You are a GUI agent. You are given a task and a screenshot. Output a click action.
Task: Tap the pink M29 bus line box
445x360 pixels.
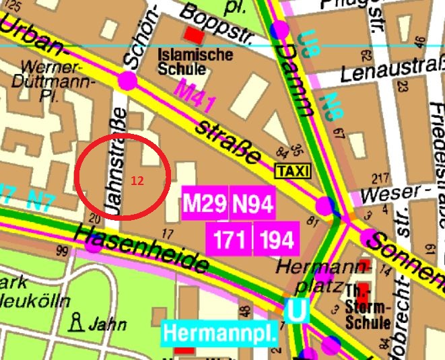tap(205, 204)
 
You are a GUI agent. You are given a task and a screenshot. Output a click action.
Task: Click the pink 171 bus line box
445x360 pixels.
tap(229, 240)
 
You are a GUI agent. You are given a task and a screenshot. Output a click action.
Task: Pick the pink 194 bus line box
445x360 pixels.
tap(276, 240)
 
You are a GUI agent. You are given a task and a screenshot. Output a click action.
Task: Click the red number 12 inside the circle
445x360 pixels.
tap(137, 181)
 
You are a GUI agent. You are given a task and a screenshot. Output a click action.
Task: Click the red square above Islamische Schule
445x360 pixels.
tap(195, 34)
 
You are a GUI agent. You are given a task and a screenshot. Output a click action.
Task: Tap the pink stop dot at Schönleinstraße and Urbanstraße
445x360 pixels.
tap(127, 81)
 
